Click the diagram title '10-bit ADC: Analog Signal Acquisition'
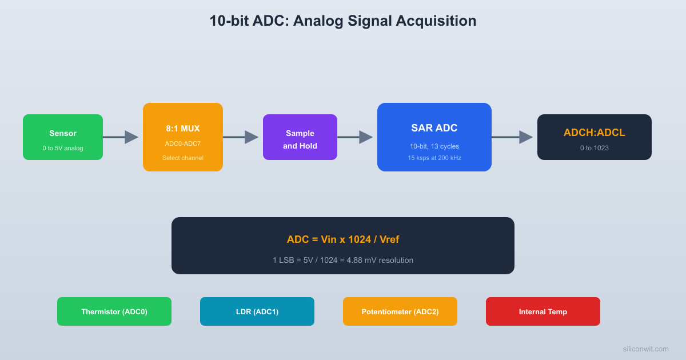tap(342, 21)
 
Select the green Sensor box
tap(63, 137)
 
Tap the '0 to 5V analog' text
tap(63, 148)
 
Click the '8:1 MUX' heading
tap(183, 129)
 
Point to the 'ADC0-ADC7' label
tap(183, 143)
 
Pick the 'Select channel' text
tap(183, 158)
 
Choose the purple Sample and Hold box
tap(300, 137)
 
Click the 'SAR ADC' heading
tap(434, 128)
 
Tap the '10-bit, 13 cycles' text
tap(434, 146)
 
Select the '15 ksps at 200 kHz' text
tap(434, 158)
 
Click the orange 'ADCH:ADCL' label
tap(595, 133)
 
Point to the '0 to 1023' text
tap(595, 148)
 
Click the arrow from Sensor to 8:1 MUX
tap(121, 137)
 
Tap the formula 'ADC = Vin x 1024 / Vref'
tap(343, 239)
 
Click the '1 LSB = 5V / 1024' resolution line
tap(343, 260)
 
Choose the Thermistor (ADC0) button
tap(114, 311)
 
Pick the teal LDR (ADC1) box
tap(257, 311)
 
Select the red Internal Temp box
tap(543, 311)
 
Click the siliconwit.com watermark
tap(645, 349)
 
